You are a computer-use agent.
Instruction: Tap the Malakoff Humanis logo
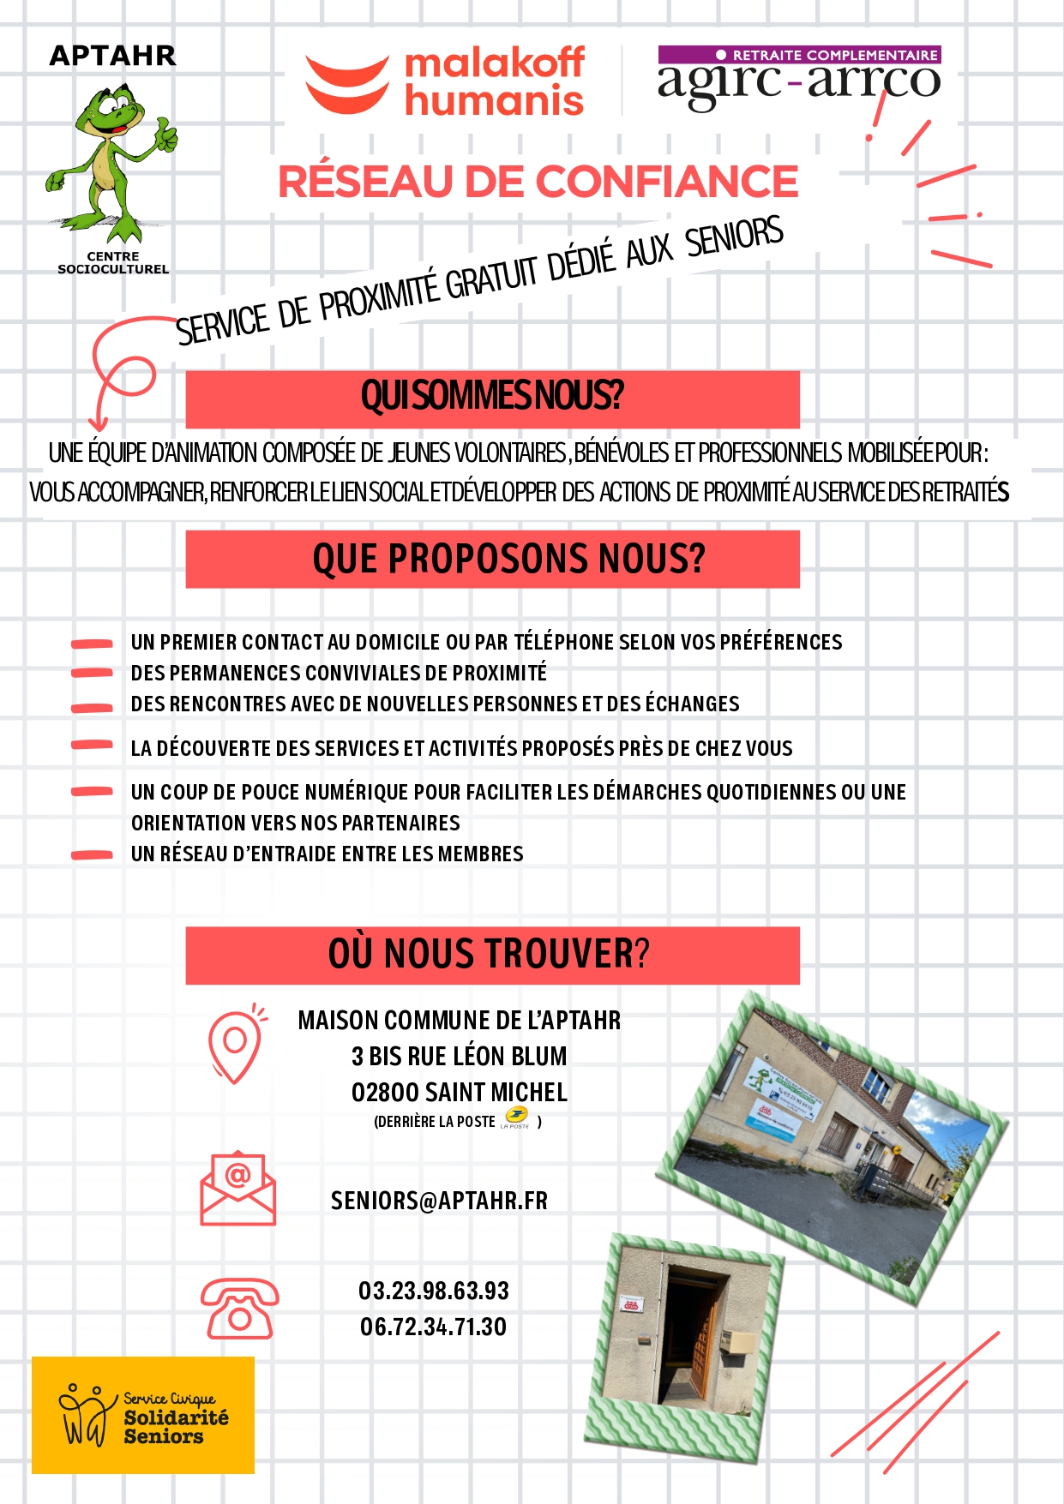click(446, 82)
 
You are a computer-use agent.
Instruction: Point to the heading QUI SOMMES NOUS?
click(492, 397)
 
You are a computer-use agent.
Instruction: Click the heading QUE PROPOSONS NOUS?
click(508, 559)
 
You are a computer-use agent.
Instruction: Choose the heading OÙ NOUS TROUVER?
click(489, 954)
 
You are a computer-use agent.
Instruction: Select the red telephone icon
click(239, 1309)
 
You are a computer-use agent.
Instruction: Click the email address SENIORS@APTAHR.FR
click(439, 1201)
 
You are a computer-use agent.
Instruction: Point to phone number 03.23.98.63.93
click(434, 1291)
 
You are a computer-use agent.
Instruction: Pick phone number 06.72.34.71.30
click(433, 1327)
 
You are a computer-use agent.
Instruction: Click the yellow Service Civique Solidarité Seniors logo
click(143, 1415)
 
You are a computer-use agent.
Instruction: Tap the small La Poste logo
click(515, 1118)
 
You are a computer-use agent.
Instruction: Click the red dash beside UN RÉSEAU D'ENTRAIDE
click(92, 854)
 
